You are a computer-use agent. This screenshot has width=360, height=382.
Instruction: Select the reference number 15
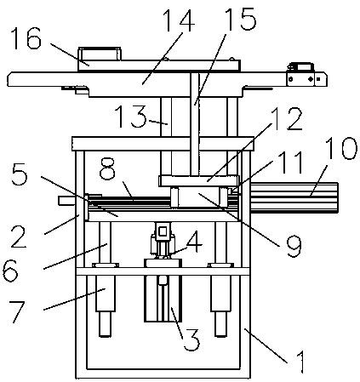click(240, 19)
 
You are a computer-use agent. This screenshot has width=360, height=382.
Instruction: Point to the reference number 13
click(131, 117)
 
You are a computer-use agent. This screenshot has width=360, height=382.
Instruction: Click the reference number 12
click(285, 118)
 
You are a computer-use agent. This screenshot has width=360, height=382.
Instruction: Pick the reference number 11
click(289, 162)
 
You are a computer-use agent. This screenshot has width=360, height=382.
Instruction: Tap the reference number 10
click(340, 148)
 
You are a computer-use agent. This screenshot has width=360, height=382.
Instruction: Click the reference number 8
click(107, 168)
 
